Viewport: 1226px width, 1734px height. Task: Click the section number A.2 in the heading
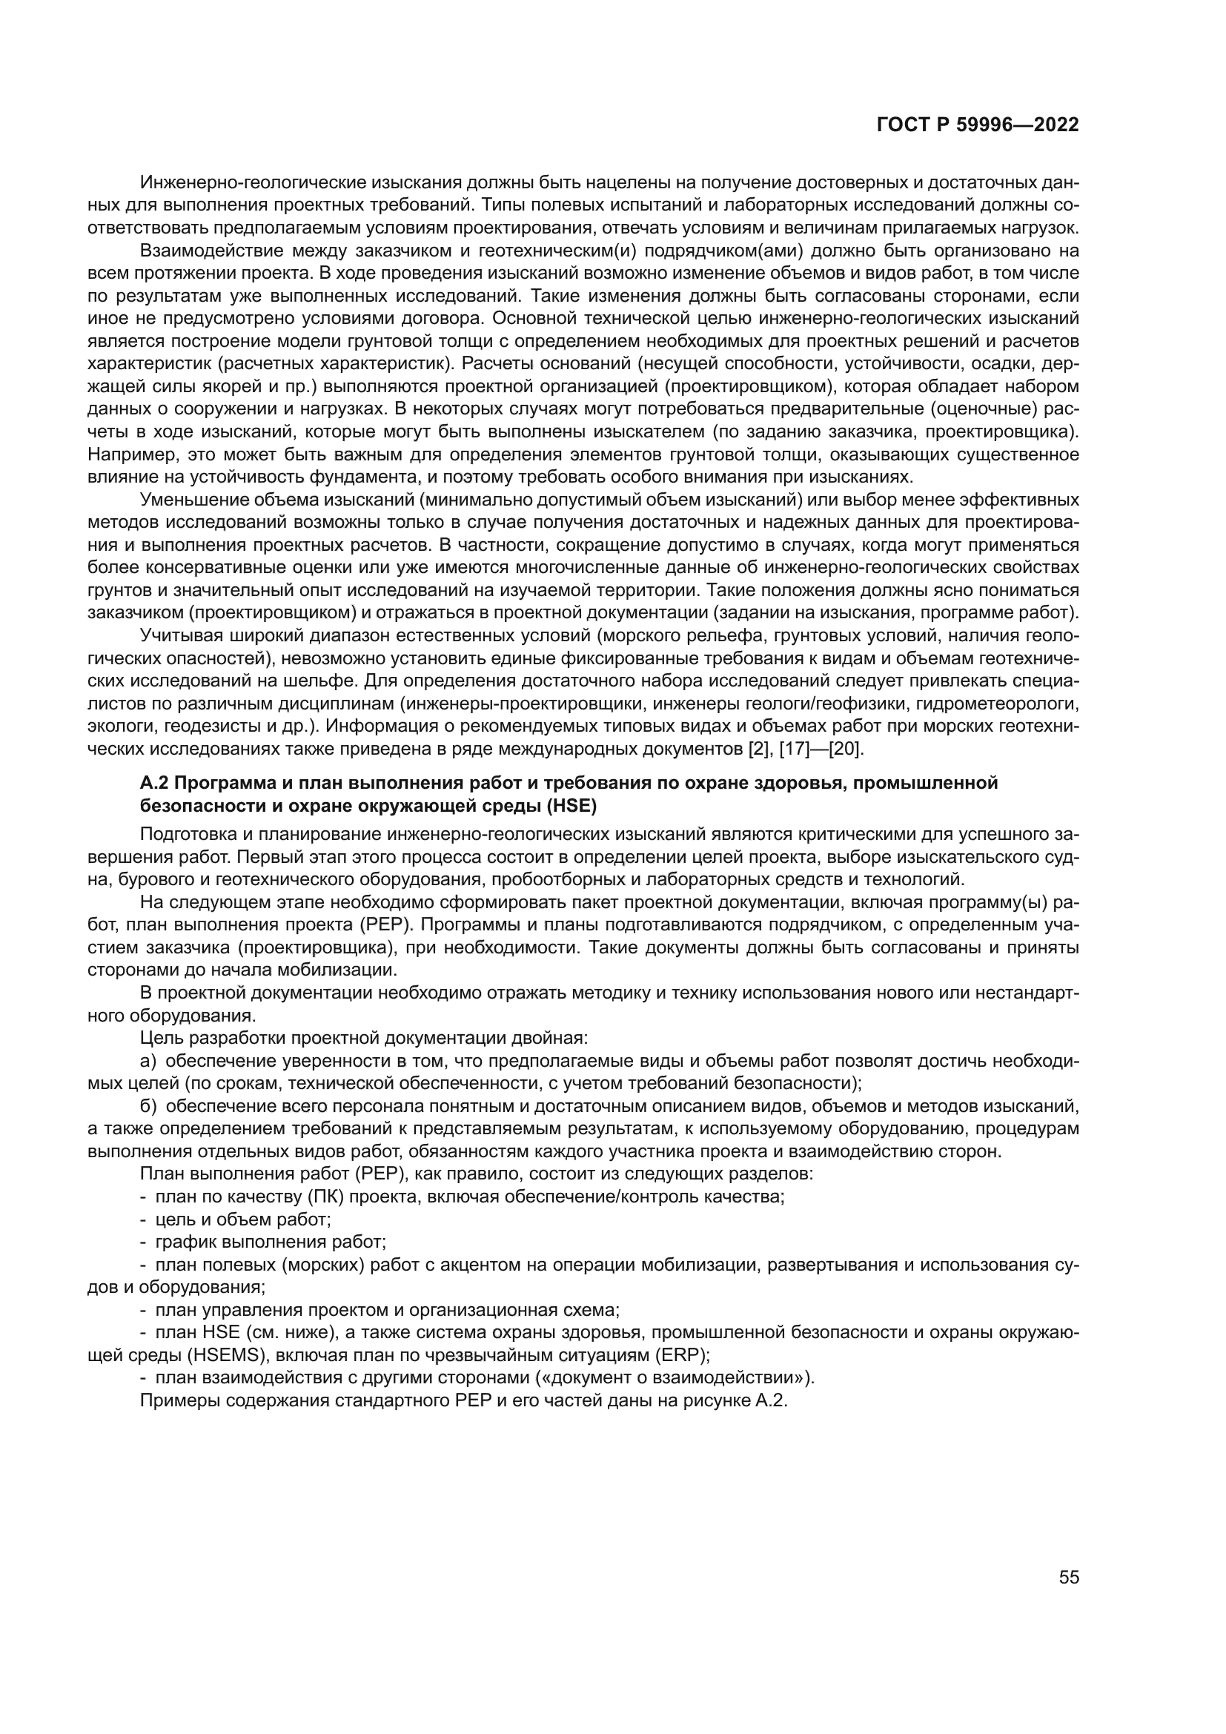point(153,783)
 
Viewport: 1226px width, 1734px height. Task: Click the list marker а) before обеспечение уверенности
point(149,1061)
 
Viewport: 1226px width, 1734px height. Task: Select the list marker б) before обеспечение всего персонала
point(149,1106)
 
